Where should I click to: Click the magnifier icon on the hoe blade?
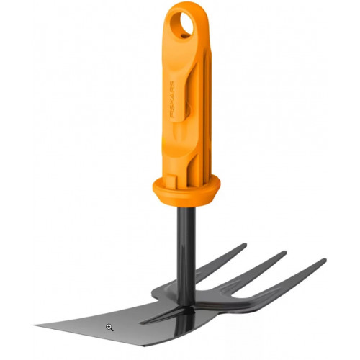[109, 327]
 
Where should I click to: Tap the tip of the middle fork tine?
[284, 254]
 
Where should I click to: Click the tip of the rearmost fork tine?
[245, 246]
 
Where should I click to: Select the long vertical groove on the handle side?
[196, 108]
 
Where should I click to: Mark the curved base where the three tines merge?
[216, 302]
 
